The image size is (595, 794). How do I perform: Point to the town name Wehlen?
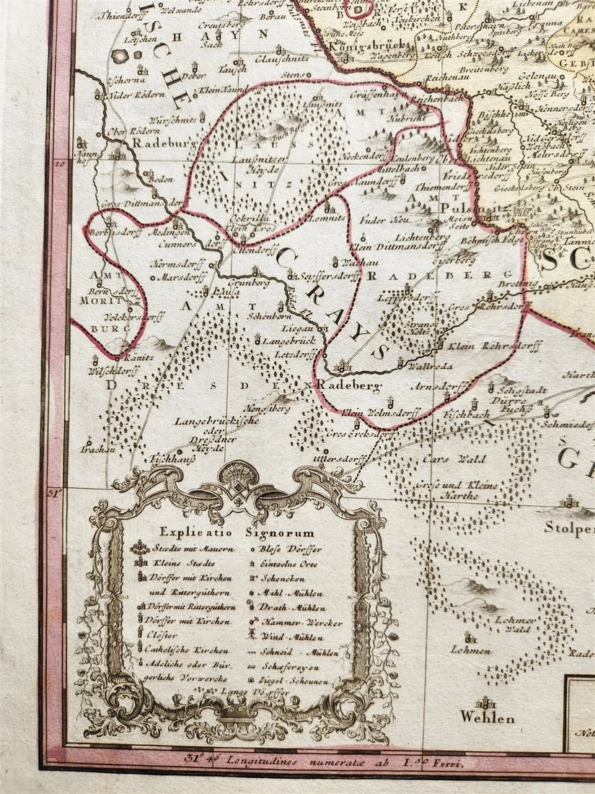(488, 717)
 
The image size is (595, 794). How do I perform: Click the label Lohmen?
(471, 649)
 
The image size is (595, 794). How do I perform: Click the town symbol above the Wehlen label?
(485, 702)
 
